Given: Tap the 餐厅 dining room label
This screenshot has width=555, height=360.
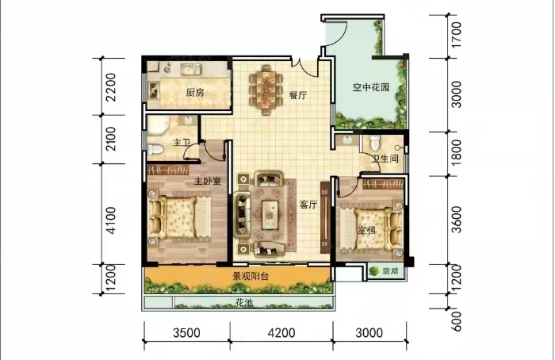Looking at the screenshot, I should coord(297,95).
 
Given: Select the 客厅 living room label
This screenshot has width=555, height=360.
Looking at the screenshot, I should coord(308,205).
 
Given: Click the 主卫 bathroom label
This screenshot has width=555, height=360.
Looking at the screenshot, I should coord(182,144).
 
